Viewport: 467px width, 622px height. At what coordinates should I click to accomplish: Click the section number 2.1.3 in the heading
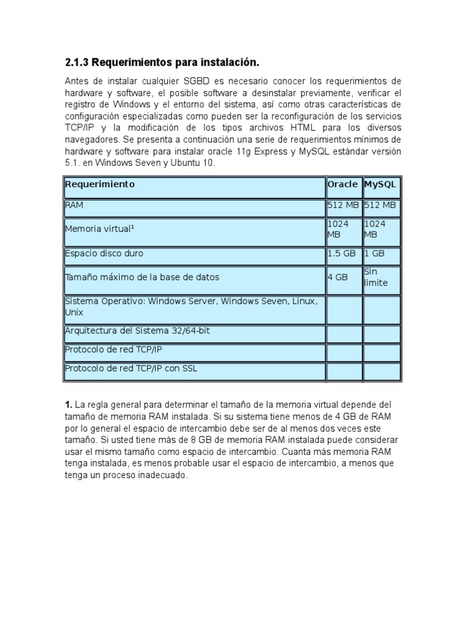click(77, 63)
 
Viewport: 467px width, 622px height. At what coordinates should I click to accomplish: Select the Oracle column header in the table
click(342, 184)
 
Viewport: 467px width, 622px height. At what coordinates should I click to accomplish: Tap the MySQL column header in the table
click(380, 184)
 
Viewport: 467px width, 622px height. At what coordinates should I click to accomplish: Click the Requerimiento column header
click(100, 184)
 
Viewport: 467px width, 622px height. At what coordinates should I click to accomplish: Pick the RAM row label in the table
click(74, 205)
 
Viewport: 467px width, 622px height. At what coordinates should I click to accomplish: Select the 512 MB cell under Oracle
click(344, 205)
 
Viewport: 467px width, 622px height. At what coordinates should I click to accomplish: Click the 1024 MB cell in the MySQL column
click(375, 229)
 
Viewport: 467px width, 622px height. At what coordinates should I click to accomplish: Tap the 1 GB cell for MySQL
click(375, 253)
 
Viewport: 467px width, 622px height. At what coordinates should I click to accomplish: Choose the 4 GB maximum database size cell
click(337, 277)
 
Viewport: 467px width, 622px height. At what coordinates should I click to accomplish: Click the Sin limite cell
click(376, 278)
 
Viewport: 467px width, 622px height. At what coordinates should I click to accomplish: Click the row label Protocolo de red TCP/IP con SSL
click(131, 368)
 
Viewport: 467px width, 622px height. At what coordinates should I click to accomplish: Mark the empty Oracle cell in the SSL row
click(344, 371)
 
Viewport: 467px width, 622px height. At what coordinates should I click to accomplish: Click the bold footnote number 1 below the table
click(68, 405)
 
